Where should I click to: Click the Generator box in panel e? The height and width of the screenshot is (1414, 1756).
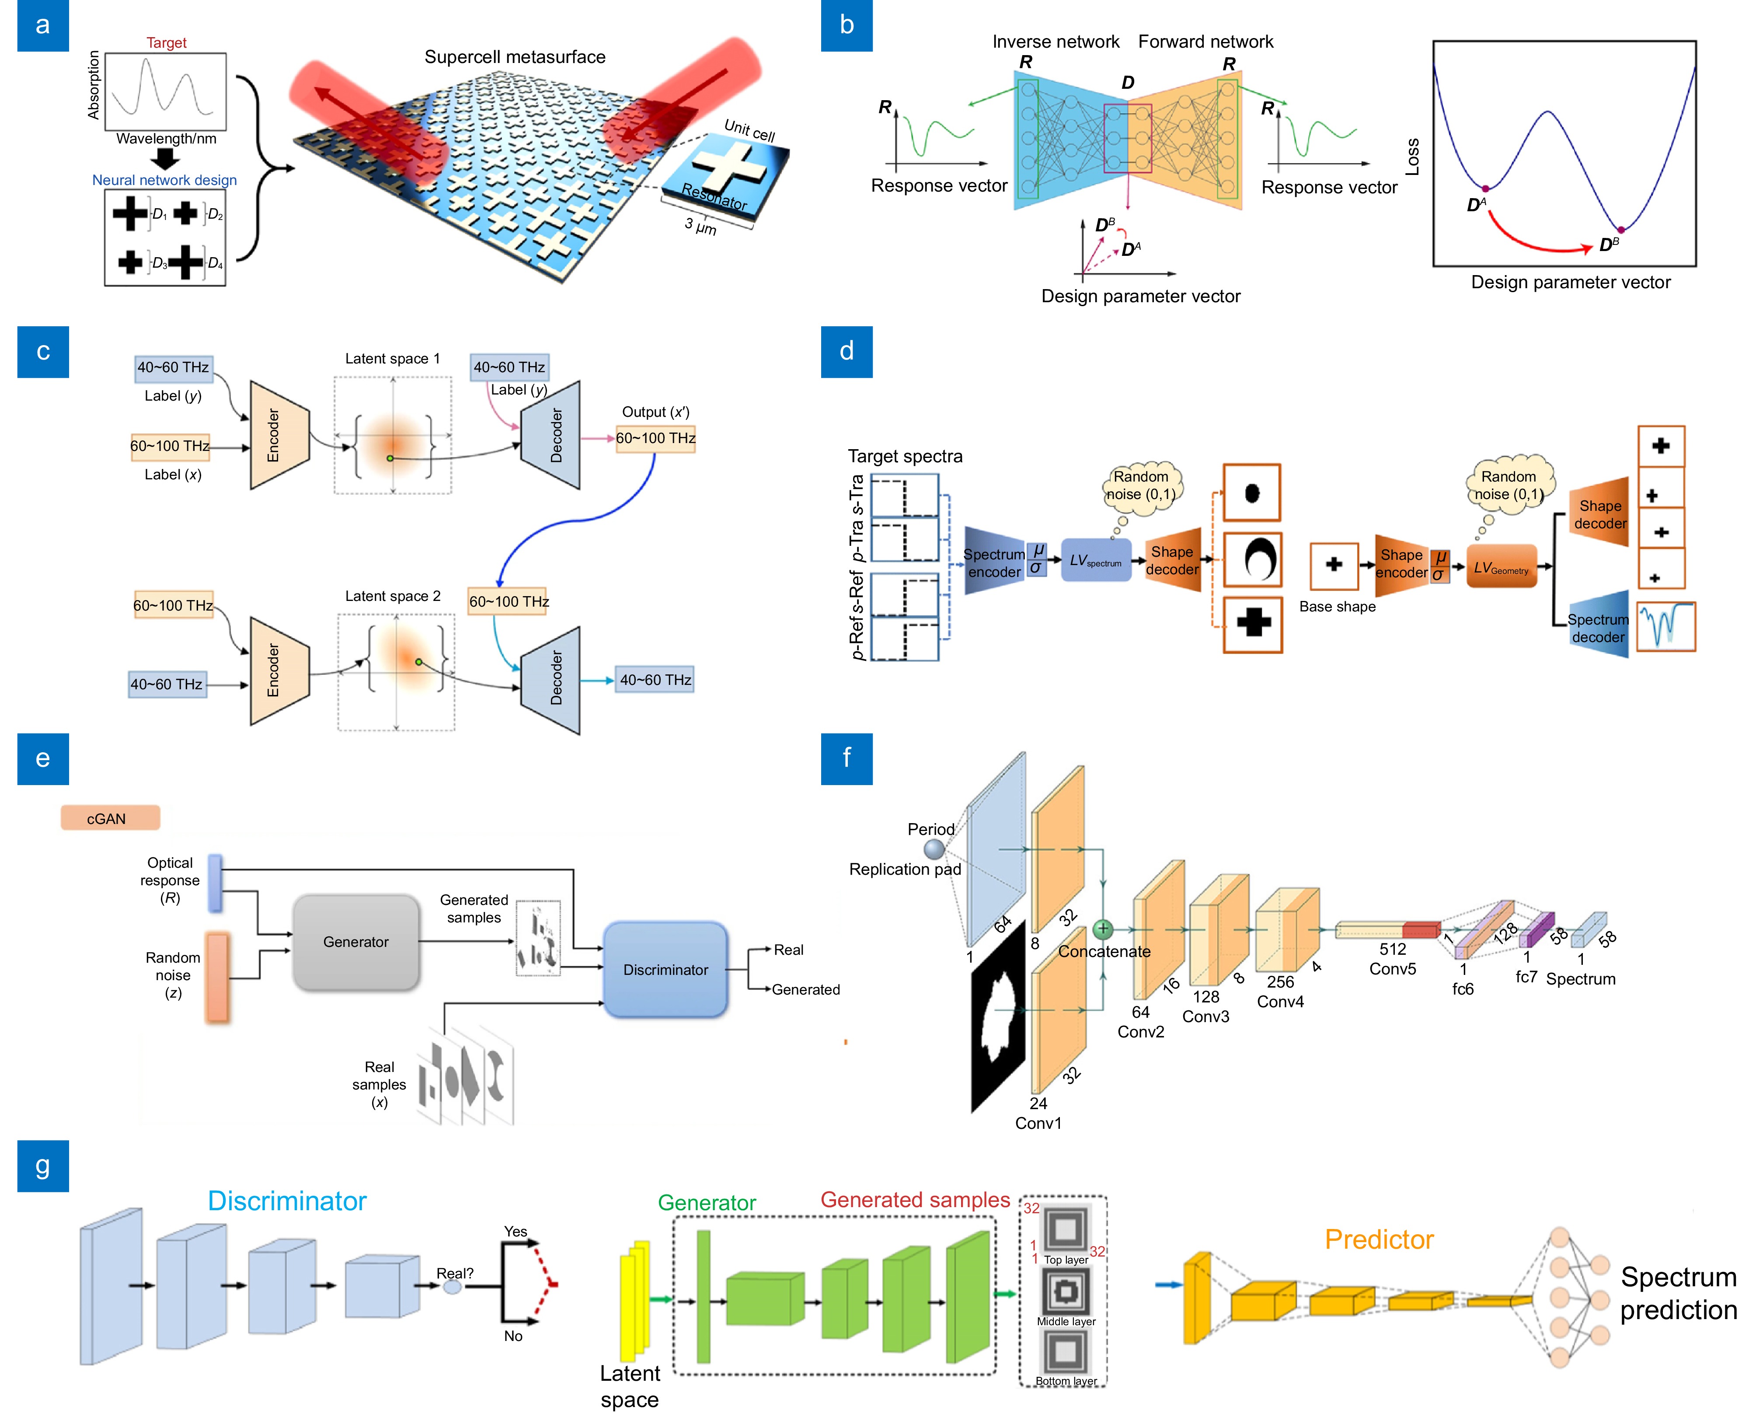[x=356, y=943]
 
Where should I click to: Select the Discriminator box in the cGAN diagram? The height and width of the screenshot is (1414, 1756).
[x=665, y=969]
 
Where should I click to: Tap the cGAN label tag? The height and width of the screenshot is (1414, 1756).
[x=110, y=818]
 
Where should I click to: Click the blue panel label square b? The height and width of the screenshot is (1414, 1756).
[x=846, y=25]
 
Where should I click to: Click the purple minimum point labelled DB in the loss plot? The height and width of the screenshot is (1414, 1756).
[x=1620, y=230]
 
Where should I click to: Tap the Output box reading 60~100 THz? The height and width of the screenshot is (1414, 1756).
[x=655, y=438]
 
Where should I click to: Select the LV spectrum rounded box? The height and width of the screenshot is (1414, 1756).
[x=1095, y=560]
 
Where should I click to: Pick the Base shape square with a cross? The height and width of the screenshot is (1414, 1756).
[x=1333, y=565]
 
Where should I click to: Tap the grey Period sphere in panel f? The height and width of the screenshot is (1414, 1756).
[x=934, y=849]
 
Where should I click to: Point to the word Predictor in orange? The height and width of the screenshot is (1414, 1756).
[x=1378, y=1239]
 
